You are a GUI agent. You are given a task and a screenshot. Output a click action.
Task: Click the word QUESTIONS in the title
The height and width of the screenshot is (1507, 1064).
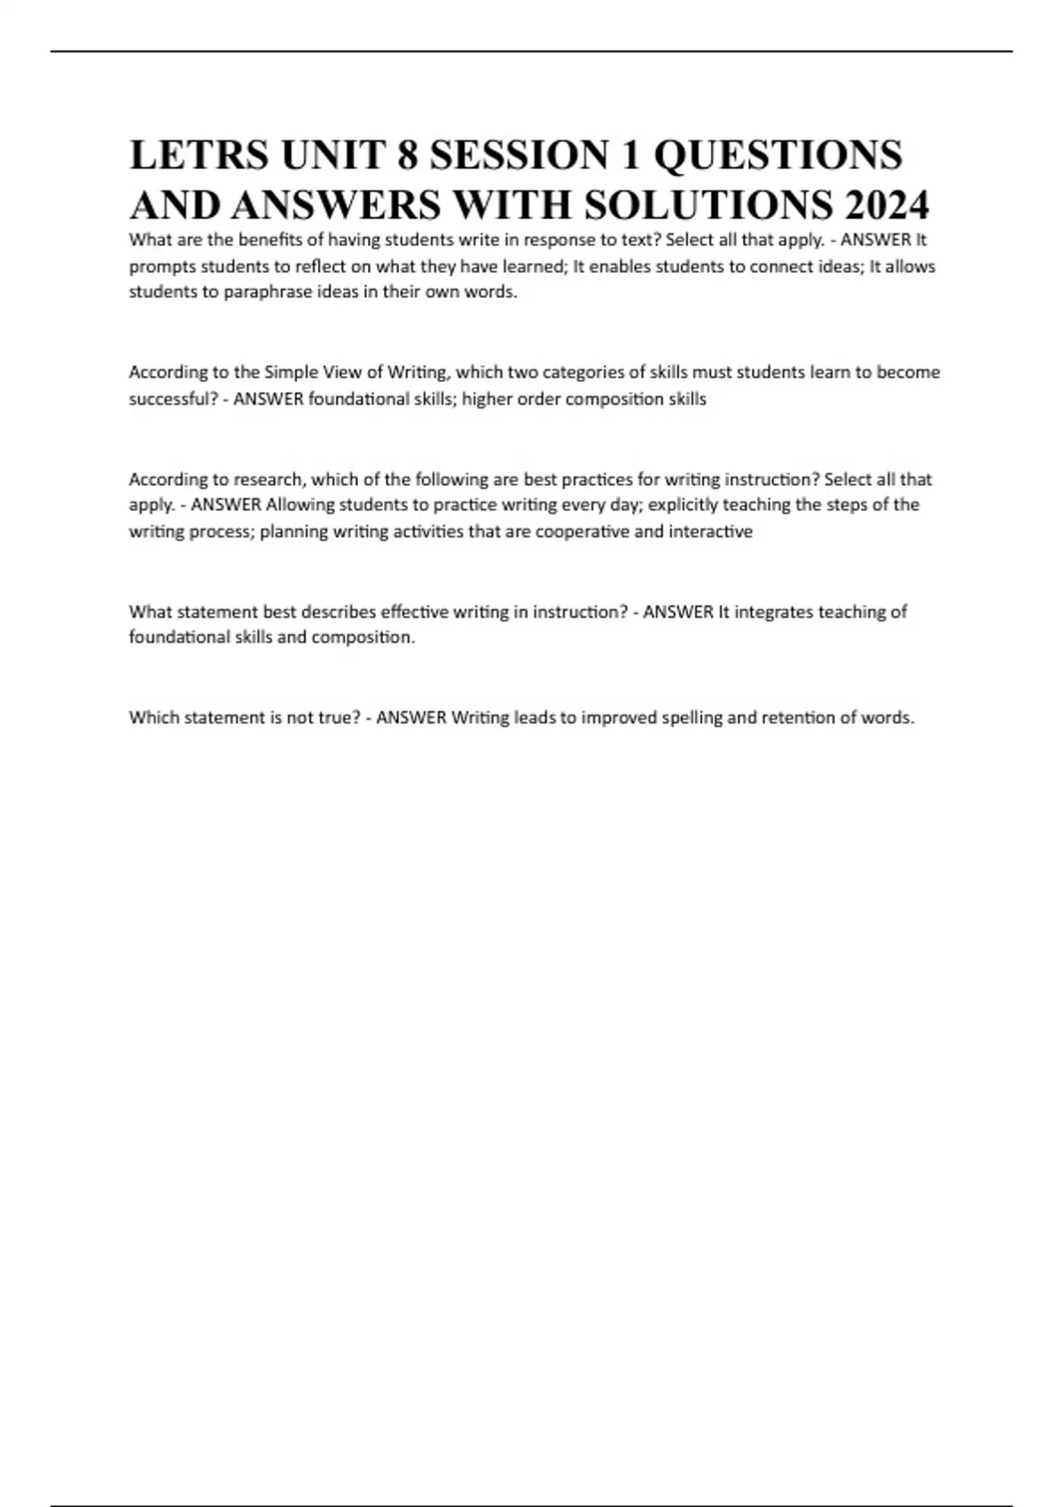tap(778, 155)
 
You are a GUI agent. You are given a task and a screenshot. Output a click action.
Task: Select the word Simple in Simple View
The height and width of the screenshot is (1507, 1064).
tap(291, 372)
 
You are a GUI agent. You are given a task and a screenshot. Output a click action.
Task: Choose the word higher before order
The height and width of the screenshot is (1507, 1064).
tap(487, 399)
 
